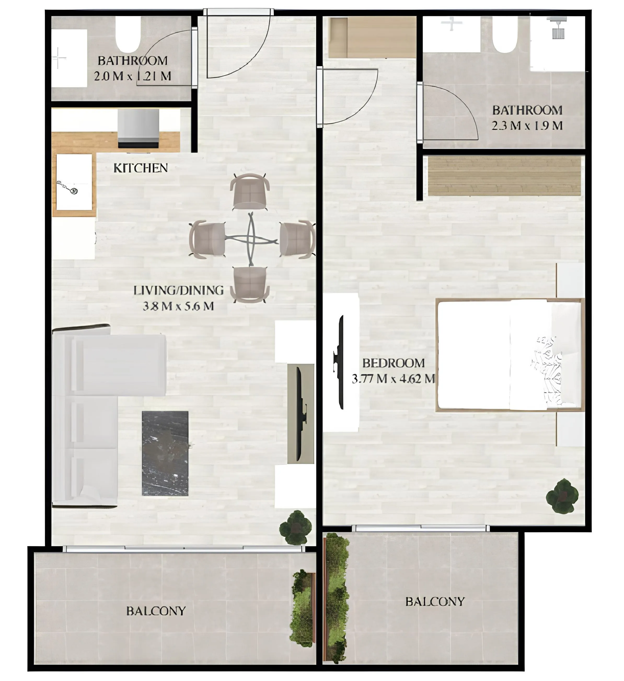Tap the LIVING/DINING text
178,290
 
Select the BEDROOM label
393,363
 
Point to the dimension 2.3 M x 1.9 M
527,126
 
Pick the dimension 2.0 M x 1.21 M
132,76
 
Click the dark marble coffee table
165,453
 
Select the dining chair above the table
250,192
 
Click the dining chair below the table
250,284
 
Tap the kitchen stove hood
138,128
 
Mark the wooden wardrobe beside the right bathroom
504,176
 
